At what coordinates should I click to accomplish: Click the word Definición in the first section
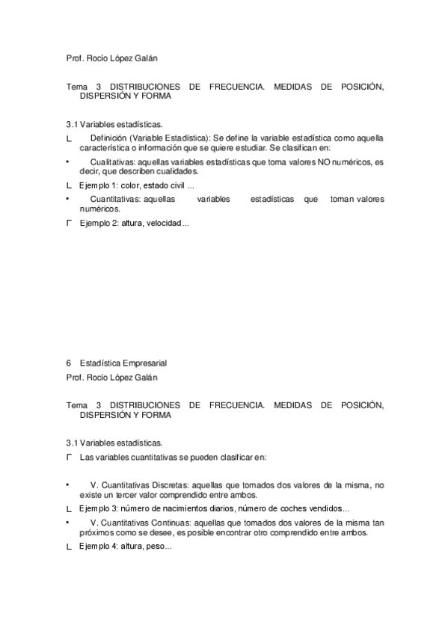(108, 138)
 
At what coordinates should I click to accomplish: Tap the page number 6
(69, 363)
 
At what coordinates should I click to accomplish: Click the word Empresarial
(136, 363)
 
